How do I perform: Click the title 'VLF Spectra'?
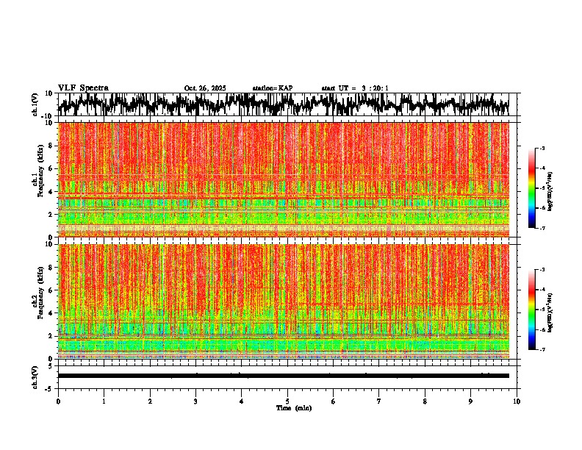pyautogui.click(x=83, y=87)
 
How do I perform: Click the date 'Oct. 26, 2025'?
pyautogui.click(x=205, y=88)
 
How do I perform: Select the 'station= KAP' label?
pyautogui.click(x=272, y=88)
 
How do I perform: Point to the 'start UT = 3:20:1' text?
pyautogui.click(x=355, y=88)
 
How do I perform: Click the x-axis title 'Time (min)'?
pyautogui.click(x=288, y=407)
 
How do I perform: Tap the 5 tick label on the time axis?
pyautogui.click(x=287, y=401)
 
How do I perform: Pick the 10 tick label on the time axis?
pyautogui.click(x=517, y=401)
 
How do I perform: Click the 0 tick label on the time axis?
pyautogui.click(x=58, y=401)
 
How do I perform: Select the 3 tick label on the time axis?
pyautogui.click(x=195, y=401)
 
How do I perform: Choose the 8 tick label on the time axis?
pyautogui.click(x=425, y=401)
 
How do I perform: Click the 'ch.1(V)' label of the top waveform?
pyautogui.click(x=35, y=104)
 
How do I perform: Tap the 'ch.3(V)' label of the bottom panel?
pyautogui.click(x=35, y=376)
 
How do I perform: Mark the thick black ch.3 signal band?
pyautogui.click(x=284, y=376)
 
